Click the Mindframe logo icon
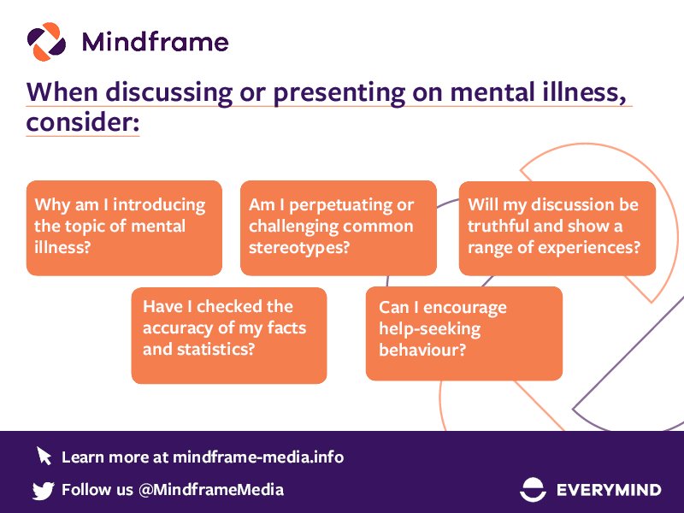click(x=46, y=41)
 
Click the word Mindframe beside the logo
click(x=155, y=42)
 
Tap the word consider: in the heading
click(x=82, y=122)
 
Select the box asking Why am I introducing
click(x=124, y=227)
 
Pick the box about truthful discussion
click(x=557, y=227)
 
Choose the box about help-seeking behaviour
click(x=463, y=333)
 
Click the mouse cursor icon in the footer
click(x=44, y=456)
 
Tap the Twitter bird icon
click(x=43, y=490)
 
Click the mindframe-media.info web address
click(x=257, y=457)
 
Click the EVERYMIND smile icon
click(x=534, y=490)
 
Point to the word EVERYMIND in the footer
click(x=608, y=490)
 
